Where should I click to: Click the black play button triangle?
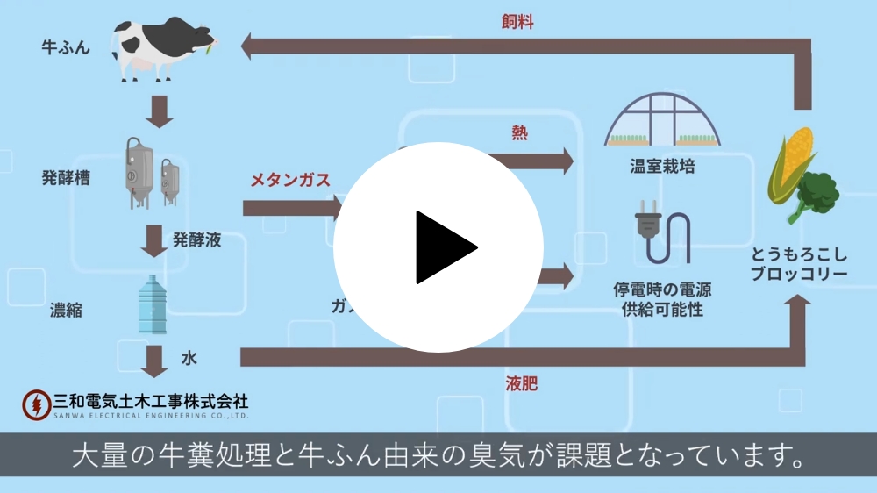[x=443, y=247]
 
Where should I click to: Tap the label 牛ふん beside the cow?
[x=66, y=47]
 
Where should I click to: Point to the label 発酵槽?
[x=66, y=178]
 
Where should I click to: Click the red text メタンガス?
[x=290, y=181]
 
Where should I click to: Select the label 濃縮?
[x=66, y=309]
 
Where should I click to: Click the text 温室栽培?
[x=662, y=166]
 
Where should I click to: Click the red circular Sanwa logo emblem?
[x=36, y=404]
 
